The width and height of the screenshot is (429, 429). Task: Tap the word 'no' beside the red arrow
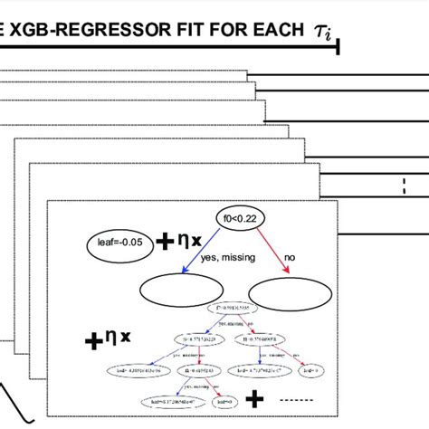[x=290, y=258]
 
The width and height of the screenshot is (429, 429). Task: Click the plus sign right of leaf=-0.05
[x=165, y=242]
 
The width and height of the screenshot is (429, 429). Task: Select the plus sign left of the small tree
[x=92, y=341]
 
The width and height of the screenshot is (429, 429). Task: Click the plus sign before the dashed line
[x=254, y=398]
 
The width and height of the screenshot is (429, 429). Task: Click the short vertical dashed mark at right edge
[x=403, y=187]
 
